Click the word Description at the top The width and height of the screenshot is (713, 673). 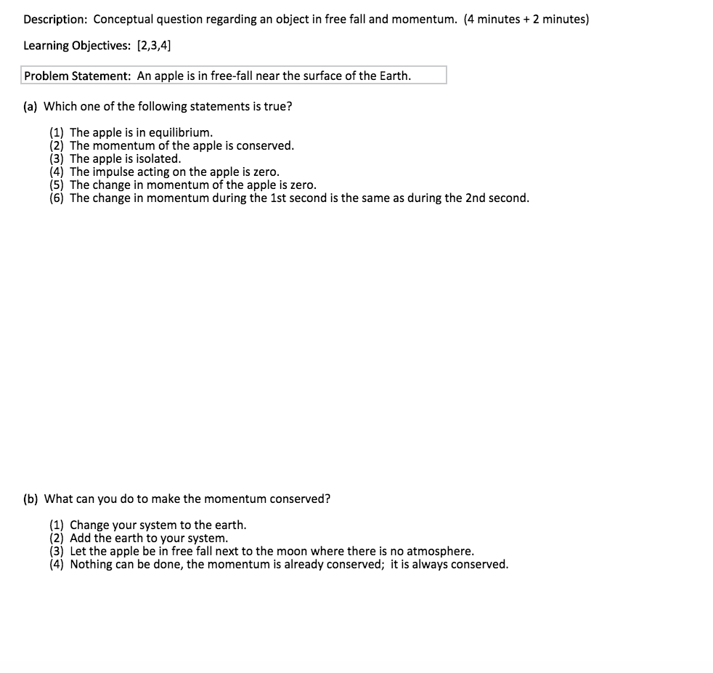[55, 19]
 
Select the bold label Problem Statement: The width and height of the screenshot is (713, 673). [78, 76]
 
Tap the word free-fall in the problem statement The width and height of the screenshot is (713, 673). [229, 76]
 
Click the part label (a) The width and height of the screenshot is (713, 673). [30, 106]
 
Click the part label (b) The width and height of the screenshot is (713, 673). [30, 499]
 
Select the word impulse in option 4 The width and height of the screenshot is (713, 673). [113, 172]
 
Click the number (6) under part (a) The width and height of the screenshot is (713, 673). [57, 198]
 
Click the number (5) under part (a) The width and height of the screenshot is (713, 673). [57, 185]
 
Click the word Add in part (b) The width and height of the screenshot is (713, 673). [80, 538]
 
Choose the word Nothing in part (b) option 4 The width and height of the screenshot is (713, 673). [91, 564]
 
